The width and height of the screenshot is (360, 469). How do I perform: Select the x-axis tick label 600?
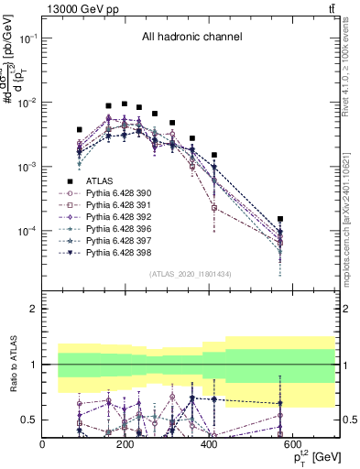pyautogui.click(x=293, y=446)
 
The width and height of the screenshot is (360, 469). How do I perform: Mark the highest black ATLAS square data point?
pyautogui.click(x=124, y=104)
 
